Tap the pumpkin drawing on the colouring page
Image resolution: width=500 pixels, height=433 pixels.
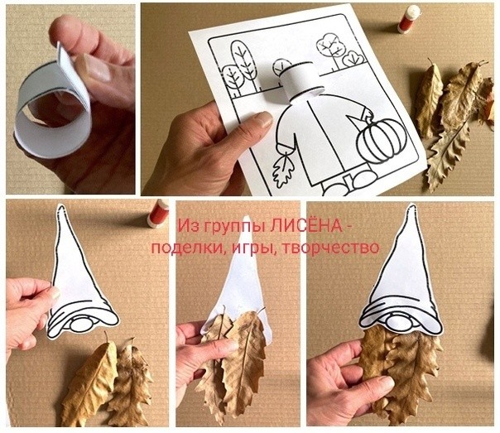coord(378,140)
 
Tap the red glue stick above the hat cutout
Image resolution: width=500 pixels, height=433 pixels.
coord(157,213)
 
